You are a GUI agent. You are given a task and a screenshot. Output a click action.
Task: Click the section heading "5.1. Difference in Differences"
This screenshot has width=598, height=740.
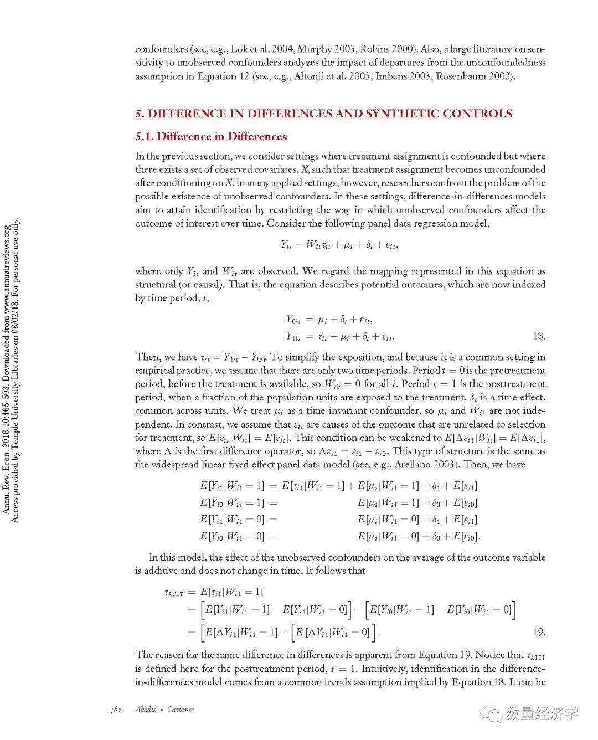(211, 136)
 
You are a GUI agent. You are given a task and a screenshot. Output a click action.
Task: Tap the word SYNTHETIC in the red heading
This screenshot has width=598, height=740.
(405, 114)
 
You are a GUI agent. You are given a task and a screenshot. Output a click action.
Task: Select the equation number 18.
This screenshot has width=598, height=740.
(539, 336)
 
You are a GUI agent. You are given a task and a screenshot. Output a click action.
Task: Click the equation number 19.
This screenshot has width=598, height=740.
(539, 632)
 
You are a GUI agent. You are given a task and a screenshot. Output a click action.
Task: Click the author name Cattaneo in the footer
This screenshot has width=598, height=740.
(180, 710)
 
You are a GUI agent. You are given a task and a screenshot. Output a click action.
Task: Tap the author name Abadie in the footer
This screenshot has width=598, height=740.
(146, 710)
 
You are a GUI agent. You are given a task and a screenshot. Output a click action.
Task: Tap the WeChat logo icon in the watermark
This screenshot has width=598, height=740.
(489, 713)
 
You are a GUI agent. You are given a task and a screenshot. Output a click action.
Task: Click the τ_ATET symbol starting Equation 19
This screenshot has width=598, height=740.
(173, 593)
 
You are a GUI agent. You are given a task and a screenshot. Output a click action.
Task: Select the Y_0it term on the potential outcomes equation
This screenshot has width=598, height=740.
(293, 320)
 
